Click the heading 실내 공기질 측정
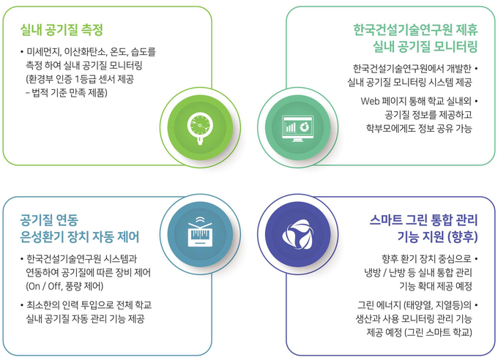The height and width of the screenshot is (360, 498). [x=62, y=30]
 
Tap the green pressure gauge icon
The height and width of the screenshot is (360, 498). [x=200, y=127]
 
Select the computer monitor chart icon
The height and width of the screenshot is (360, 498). [x=297, y=128]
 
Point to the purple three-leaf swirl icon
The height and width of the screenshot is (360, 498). [x=297, y=234]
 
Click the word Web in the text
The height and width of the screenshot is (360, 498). [x=370, y=101]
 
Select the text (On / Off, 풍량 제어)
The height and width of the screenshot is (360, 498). [x=64, y=286]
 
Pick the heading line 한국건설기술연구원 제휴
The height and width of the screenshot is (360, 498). [x=415, y=30]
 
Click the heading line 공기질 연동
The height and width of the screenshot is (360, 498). [x=49, y=220]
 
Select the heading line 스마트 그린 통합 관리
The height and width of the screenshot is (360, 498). [x=424, y=220]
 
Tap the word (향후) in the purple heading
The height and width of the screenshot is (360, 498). [x=462, y=237]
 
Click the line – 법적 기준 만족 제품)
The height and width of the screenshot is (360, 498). [x=67, y=93]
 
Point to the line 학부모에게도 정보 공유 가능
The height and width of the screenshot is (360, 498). [x=419, y=128]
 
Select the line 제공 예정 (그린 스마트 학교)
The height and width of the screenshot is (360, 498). [x=419, y=332]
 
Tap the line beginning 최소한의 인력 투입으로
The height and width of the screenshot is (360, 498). [x=89, y=305]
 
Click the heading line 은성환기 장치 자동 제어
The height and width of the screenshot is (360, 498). [x=80, y=237]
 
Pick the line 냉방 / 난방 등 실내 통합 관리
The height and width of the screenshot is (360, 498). [x=418, y=273]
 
